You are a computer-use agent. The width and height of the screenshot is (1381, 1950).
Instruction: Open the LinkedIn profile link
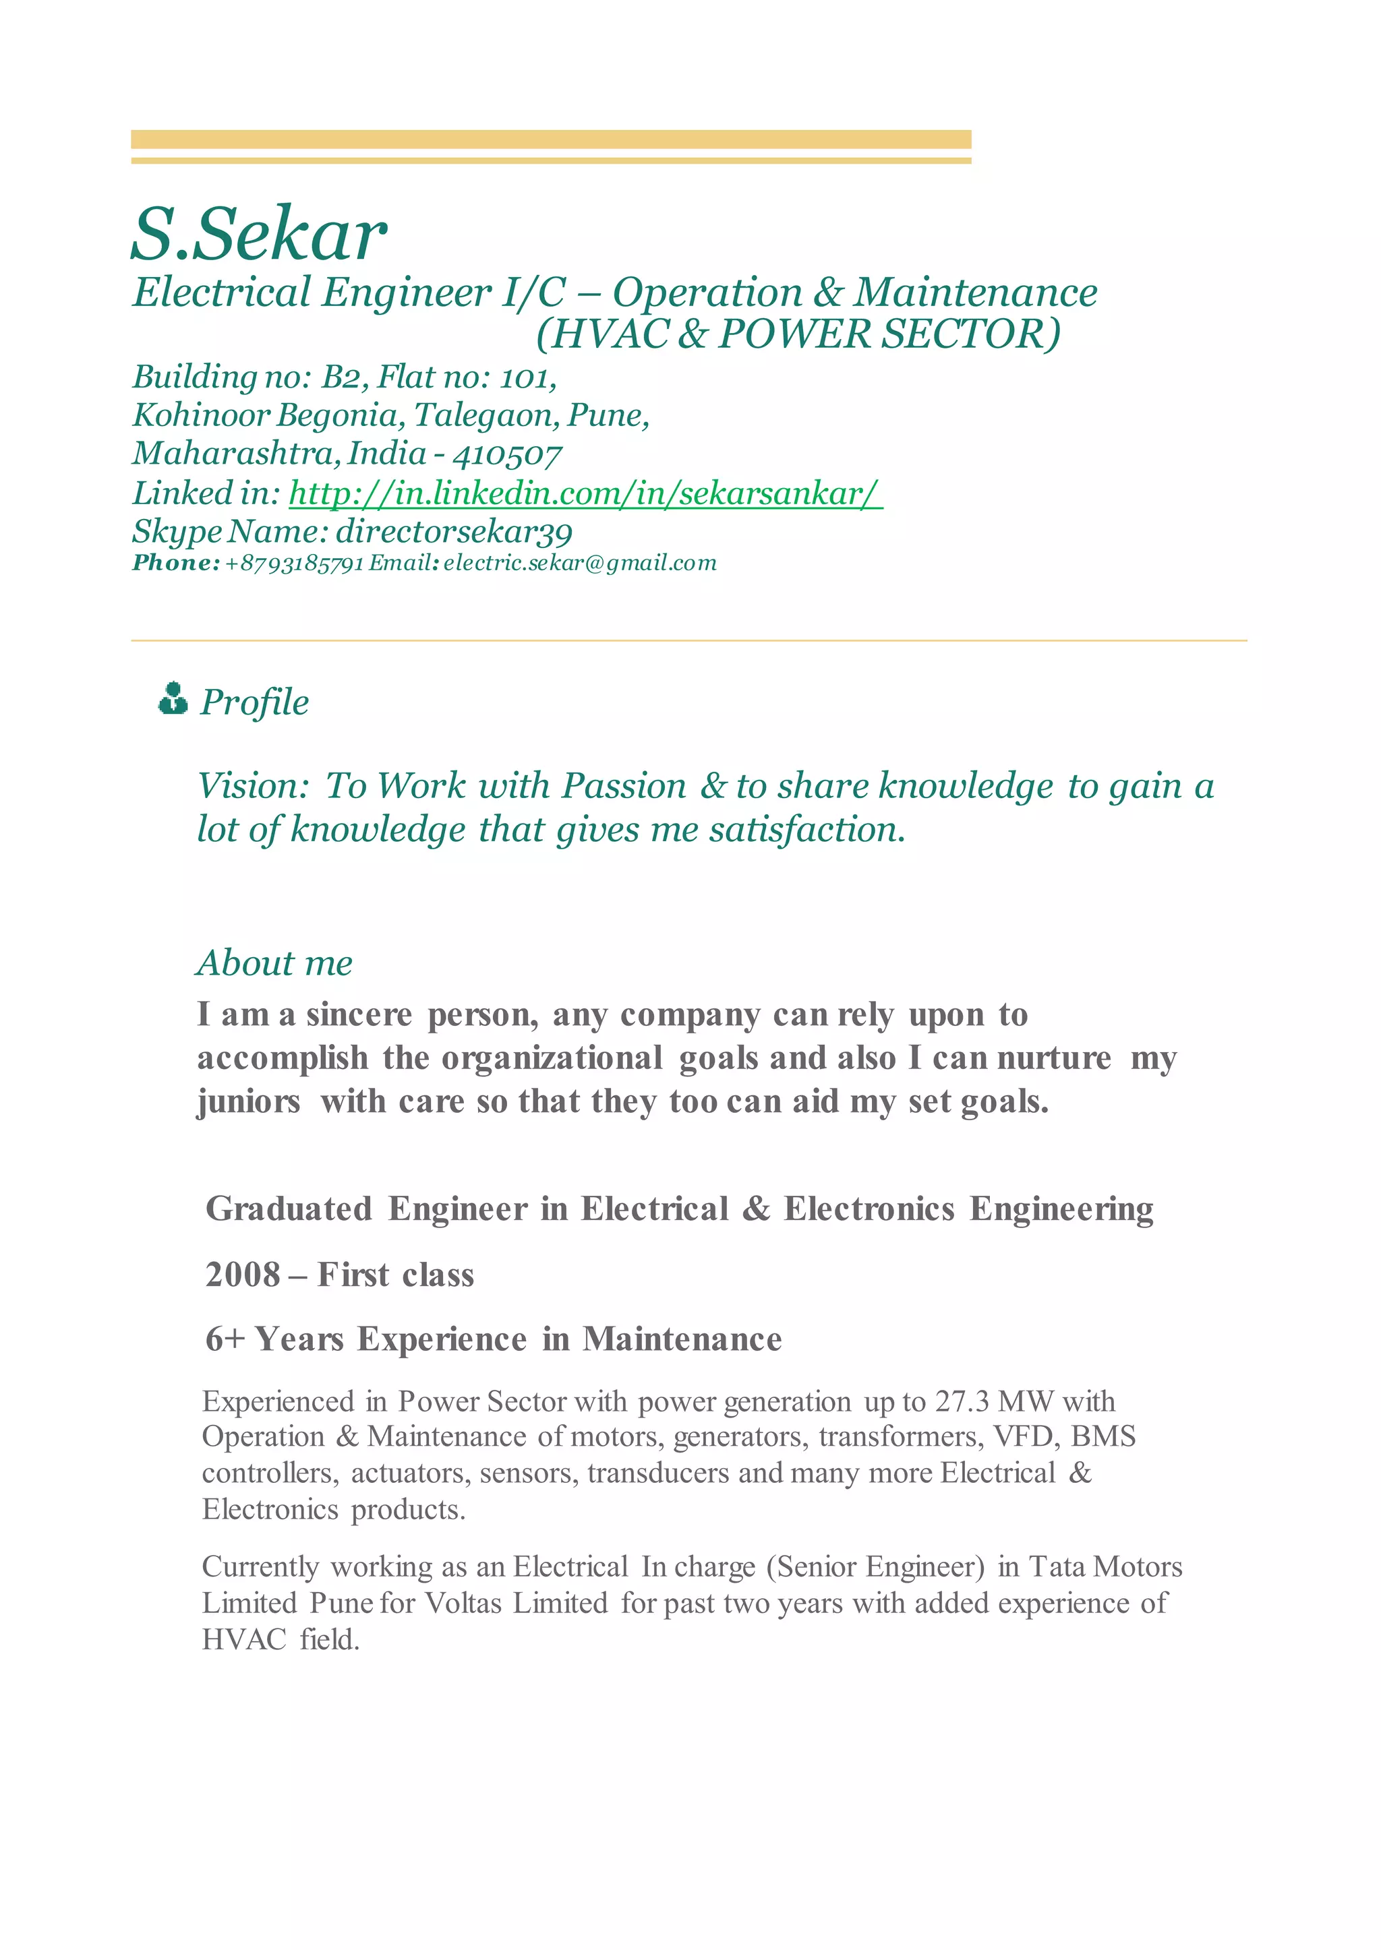pyautogui.click(x=585, y=493)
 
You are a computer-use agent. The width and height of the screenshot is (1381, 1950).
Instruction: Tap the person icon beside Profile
pyautogui.click(x=173, y=699)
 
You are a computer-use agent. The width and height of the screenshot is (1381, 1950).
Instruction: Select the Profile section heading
pyautogui.click(x=254, y=702)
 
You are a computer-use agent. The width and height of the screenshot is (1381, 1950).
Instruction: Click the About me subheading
pyautogui.click(x=274, y=963)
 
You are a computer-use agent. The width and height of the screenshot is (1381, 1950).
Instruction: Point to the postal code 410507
pyautogui.click(x=507, y=455)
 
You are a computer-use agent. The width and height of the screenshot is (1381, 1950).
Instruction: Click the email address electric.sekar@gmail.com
pyautogui.click(x=580, y=563)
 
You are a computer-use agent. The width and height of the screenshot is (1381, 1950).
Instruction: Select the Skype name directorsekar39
pyautogui.click(x=454, y=532)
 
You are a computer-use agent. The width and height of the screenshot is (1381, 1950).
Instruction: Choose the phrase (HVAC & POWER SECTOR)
pyautogui.click(x=798, y=333)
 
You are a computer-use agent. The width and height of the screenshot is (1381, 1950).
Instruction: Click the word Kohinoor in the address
pyautogui.click(x=201, y=416)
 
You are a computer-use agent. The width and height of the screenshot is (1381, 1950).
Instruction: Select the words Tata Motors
pyautogui.click(x=1105, y=1566)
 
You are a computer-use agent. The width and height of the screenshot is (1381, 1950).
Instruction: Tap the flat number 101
pyautogui.click(x=527, y=377)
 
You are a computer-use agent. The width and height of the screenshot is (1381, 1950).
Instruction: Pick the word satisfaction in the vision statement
pyautogui.click(x=808, y=830)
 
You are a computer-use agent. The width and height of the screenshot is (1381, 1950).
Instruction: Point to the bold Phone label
pyautogui.click(x=175, y=563)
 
